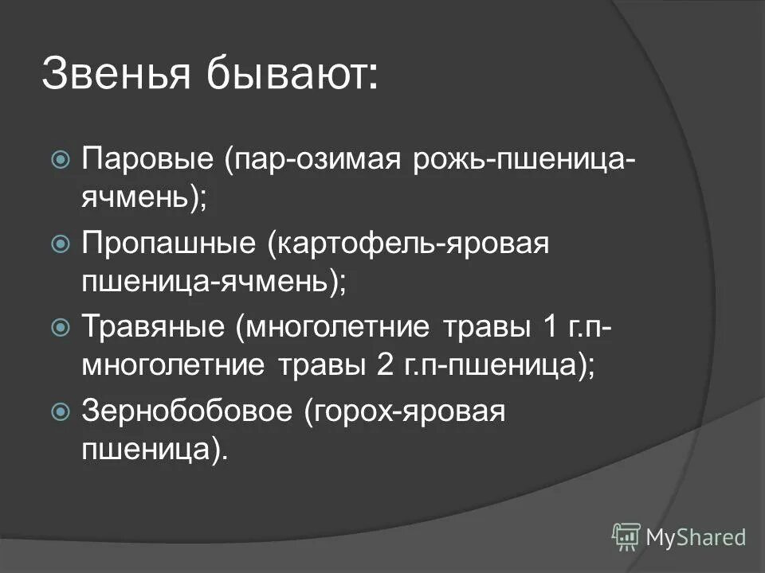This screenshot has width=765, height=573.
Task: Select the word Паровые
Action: pos(148,160)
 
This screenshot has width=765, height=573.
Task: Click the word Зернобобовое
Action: pos(186,410)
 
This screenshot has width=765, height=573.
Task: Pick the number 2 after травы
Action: pos(381,367)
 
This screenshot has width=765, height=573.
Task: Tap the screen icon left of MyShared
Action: pos(626,536)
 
